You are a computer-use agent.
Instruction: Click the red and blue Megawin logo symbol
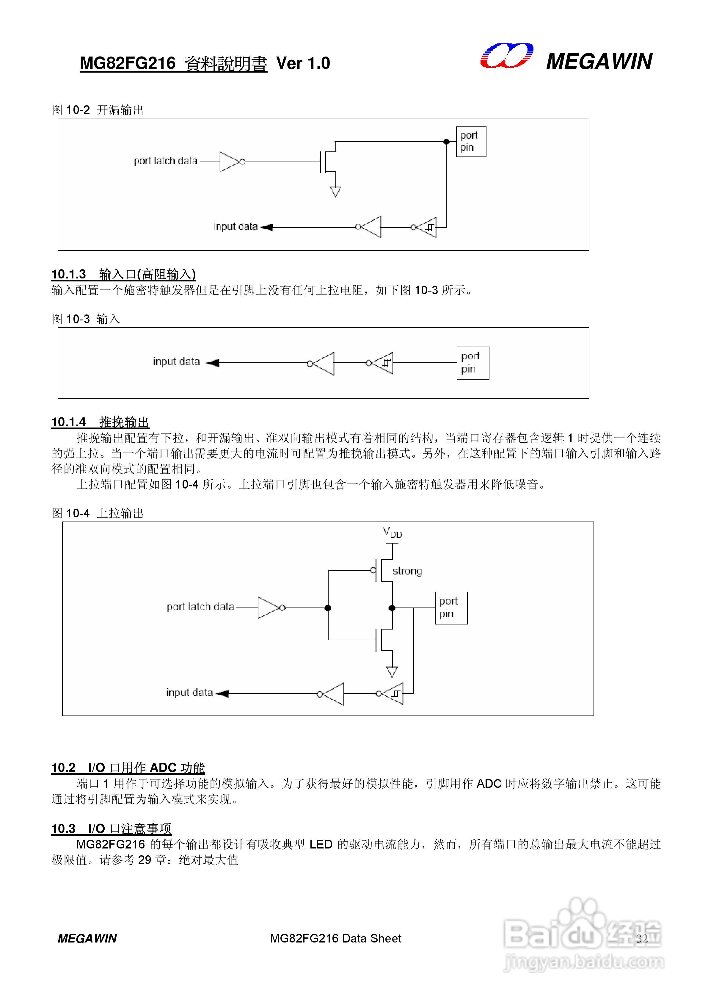[x=507, y=56]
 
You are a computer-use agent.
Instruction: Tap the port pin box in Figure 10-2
[x=471, y=141]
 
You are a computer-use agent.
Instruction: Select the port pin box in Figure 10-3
[x=472, y=363]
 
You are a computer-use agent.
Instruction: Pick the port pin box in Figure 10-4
[x=451, y=608]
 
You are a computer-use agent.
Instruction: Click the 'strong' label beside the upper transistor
[x=407, y=571]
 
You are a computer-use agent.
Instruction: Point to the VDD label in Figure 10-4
[x=392, y=533]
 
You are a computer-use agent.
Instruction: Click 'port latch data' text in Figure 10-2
[x=165, y=161]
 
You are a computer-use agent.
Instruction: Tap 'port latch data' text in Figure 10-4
[x=200, y=607]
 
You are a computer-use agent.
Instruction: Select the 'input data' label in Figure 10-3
[x=176, y=362]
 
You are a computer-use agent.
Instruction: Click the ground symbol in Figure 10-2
[x=335, y=192]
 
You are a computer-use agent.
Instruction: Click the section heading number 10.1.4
[x=68, y=422]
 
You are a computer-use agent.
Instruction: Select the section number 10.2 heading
[x=63, y=767]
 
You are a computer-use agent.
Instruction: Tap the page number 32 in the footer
[x=642, y=939]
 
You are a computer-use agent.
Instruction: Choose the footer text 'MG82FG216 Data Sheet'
[x=335, y=938]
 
